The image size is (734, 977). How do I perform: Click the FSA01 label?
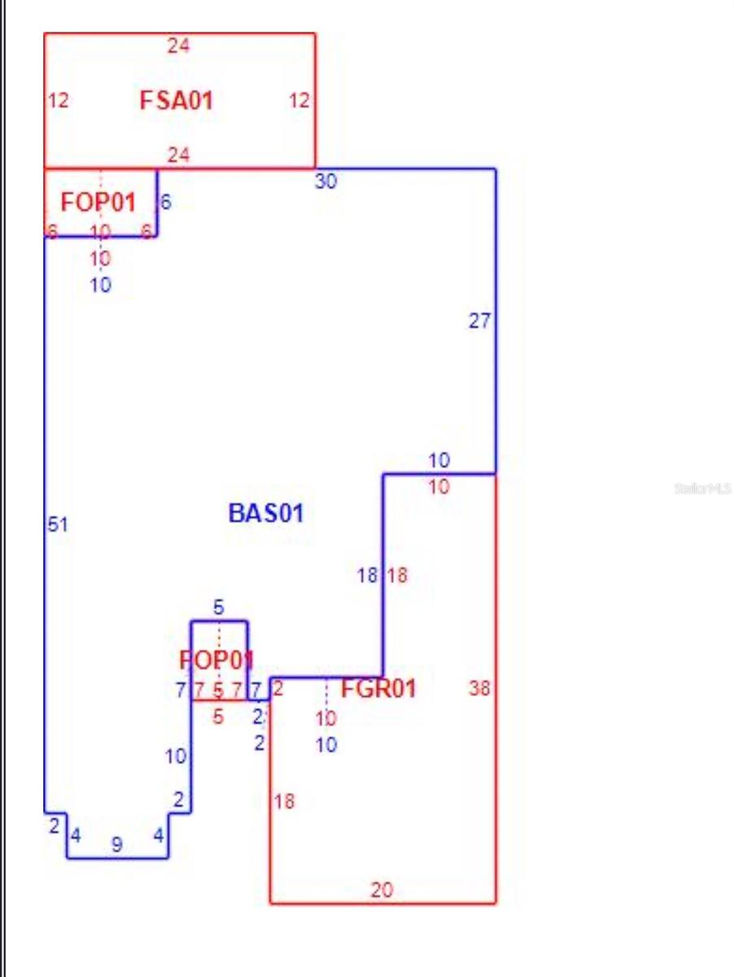point(177,101)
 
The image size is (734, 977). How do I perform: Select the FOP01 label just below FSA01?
point(98,202)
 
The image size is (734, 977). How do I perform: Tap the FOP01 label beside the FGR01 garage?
point(216,659)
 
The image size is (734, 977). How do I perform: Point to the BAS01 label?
point(266,513)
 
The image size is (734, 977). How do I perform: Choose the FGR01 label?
point(378,689)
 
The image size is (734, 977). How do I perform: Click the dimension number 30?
point(325,182)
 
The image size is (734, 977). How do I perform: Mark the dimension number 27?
point(479,321)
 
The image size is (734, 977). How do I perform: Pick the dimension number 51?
point(57,525)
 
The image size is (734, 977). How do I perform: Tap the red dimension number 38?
point(479,689)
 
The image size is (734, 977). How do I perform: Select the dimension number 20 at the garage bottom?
point(382,890)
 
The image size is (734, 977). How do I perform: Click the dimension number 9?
point(116,845)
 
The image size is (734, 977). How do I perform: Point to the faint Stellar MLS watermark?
point(702,488)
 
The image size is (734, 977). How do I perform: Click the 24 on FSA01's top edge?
point(178,46)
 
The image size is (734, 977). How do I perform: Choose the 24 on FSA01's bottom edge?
point(178,155)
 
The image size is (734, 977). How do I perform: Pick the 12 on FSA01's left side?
point(59,101)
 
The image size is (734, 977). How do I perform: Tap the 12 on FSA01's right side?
point(299,101)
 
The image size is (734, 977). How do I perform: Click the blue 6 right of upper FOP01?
point(166,203)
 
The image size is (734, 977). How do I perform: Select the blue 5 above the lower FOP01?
point(218,607)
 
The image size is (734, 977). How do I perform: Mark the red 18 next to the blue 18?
point(397,576)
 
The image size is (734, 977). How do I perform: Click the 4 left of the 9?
point(76,835)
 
